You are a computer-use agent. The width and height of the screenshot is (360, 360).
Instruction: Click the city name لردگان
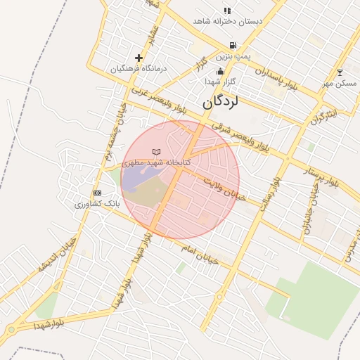coord(221,102)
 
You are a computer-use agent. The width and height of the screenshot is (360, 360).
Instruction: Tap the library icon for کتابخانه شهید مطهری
coord(156,153)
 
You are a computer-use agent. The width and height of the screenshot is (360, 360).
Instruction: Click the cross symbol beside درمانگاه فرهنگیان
coord(139,58)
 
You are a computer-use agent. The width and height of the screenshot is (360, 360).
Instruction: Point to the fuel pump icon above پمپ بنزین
coord(232,45)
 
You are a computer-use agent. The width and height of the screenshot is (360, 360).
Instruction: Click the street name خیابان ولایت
coord(225,190)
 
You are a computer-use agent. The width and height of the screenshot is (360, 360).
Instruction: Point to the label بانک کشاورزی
coord(98,204)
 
